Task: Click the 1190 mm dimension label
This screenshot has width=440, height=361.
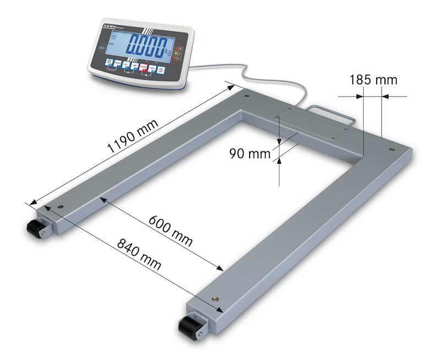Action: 132,136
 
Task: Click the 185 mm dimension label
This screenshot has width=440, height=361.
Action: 373,80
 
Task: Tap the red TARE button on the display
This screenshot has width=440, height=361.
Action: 143,67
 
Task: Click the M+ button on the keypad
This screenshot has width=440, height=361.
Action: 126,65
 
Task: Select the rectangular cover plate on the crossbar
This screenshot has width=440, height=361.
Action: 311,127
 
